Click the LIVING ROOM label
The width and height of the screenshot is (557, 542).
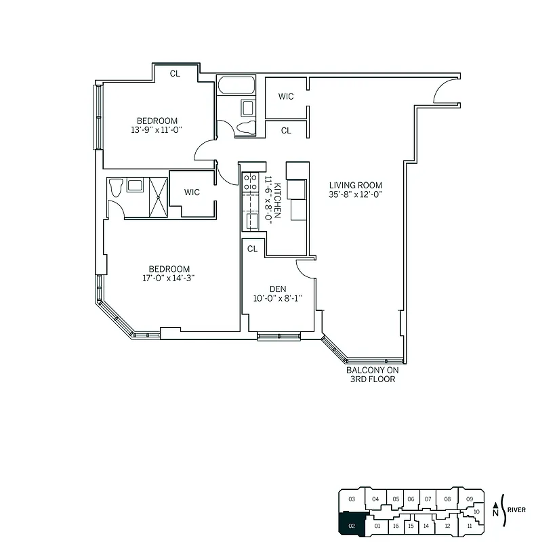pyautogui.click(x=356, y=185)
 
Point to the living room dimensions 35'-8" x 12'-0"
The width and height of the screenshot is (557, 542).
pyautogui.click(x=356, y=194)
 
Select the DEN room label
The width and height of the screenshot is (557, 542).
pyautogui.click(x=277, y=289)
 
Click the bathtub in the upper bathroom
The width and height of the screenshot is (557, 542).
pyautogui.click(x=236, y=86)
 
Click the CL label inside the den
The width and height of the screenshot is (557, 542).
pyautogui.click(x=252, y=249)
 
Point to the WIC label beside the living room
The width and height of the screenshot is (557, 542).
pyautogui.click(x=286, y=96)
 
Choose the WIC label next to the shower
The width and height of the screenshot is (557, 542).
pyautogui.click(x=192, y=192)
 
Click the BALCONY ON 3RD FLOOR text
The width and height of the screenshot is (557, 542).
pyautogui.click(x=372, y=375)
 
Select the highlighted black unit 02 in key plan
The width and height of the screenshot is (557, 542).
pyautogui.click(x=351, y=524)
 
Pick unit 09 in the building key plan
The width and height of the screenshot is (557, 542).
pyautogui.click(x=470, y=499)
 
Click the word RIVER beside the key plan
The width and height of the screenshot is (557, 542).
pyautogui.click(x=516, y=509)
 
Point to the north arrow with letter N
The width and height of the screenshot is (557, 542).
pyautogui.click(x=496, y=509)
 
